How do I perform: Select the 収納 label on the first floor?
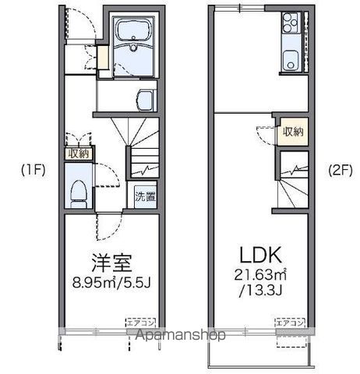pyautogui.click(x=78, y=153)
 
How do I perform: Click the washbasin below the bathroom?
pyautogui.click(x=143, y=99)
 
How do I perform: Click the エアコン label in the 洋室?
pyautogui.click(x=137, y=319)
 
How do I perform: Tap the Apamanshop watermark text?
pyautogui.click(x=180, y=335)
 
